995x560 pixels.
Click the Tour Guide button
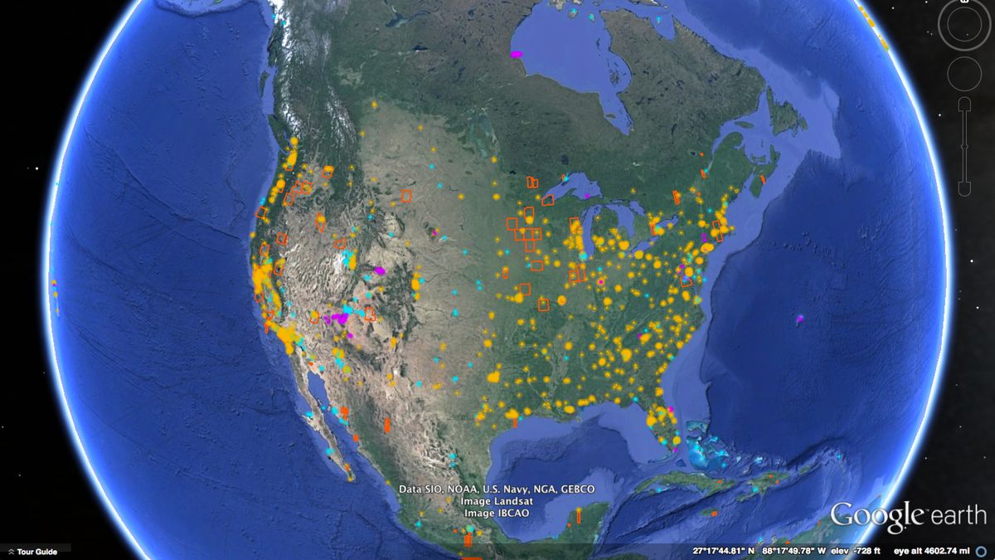(36, 552)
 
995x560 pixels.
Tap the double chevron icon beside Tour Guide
(11, 552)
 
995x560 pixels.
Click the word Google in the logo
(877, 515)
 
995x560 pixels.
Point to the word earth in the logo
(957, 516)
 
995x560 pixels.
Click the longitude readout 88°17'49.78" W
(794, 551)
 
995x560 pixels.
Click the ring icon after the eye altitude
(985, 551)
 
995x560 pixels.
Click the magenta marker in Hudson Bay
(517, 54)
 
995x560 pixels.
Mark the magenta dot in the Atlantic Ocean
(800, 318)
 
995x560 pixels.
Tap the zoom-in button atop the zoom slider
(964, 104)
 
